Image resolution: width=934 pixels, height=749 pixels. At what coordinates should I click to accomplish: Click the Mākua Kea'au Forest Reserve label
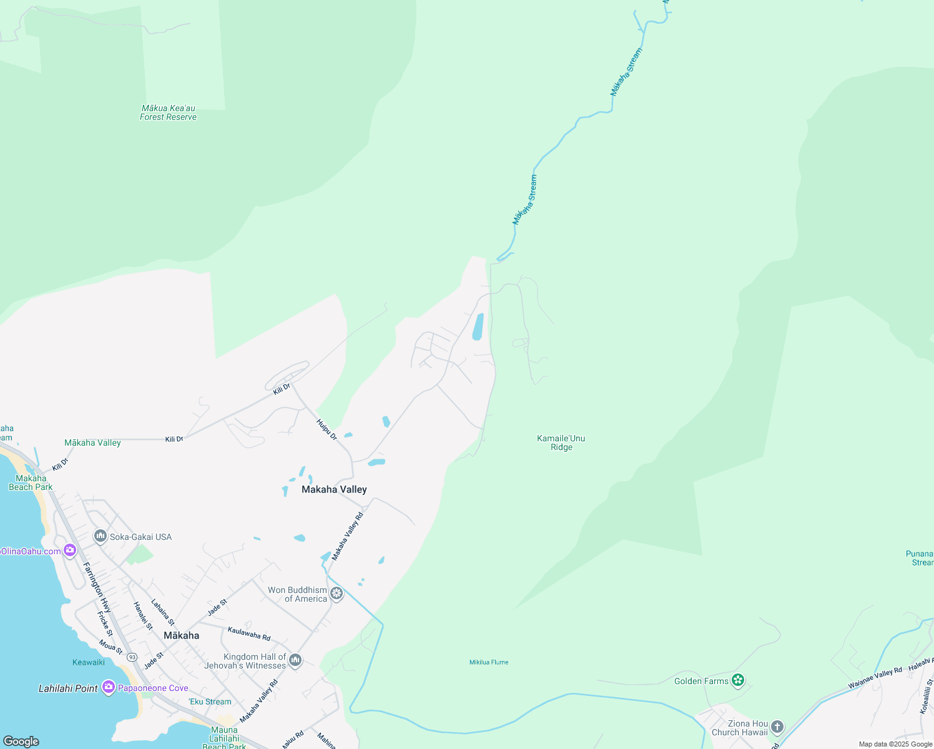coord(168,112)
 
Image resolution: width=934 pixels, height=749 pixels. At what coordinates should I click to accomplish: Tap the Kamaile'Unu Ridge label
coord(561,443)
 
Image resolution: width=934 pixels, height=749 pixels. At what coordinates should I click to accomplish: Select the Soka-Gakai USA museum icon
coord(100,536)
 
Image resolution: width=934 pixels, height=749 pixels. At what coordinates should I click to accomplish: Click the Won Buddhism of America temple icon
coord(337,594)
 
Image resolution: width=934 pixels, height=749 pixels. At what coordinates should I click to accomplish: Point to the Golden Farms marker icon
coord(738,680)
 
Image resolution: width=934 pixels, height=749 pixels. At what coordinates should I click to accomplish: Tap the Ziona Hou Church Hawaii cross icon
coord(777,727)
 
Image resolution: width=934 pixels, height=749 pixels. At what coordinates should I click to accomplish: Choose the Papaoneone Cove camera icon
coord(109,687)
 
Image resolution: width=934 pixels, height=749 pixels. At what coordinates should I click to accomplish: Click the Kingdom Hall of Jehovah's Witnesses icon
coord(295,660)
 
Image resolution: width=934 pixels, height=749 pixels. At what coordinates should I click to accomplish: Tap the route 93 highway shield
coord(132,657)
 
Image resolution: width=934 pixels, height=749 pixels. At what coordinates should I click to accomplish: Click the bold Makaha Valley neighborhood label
coord(334,489)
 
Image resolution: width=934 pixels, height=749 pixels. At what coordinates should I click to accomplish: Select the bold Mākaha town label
coord(181,635)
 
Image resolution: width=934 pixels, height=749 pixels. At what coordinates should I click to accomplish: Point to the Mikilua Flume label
coord(489,662)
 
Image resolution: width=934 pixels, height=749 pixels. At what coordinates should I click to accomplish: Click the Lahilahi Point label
coord(68,688)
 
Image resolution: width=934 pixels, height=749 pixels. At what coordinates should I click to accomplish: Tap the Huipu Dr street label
coord(327,429)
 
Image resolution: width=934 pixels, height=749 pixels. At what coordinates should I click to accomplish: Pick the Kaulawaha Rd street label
coord(249,634)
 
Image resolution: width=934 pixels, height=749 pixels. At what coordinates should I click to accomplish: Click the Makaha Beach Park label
coord(31,482)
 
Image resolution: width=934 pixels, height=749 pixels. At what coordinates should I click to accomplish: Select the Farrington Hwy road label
coord(97,587)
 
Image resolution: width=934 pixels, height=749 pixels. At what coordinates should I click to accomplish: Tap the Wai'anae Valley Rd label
coord(875,678)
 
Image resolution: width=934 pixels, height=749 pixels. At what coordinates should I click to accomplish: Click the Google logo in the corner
coord(21,741)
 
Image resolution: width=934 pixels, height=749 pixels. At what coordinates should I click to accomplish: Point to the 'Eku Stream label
coord(210,702)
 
